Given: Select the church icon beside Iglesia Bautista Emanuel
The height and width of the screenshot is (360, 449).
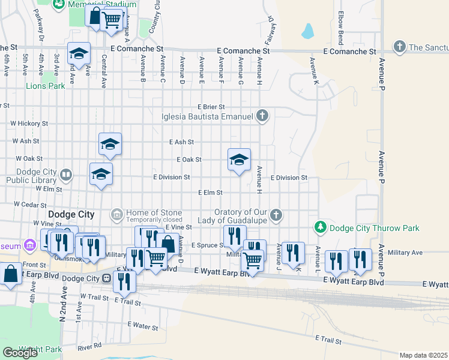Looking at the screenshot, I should tap(262, 116).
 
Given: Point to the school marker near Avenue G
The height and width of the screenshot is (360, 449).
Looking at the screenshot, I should tap(239, 160).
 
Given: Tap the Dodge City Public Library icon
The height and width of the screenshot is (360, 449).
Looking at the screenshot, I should tap(65, 176).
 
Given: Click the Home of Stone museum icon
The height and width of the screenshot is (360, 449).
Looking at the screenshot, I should tap(116, 214).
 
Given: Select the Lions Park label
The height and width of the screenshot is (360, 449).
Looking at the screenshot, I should tap(45, 86).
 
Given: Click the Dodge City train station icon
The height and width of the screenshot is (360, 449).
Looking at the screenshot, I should tap(107, 278).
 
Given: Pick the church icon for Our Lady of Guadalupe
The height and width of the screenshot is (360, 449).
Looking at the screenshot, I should tap(276, 214).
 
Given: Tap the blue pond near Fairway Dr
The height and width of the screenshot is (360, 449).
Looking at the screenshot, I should tap(308, 31).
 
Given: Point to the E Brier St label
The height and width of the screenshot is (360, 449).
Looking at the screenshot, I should tap(211, 106).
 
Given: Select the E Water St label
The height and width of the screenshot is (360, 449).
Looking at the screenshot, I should tap(142, 328).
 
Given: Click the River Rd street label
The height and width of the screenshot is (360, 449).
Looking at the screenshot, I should tap(89, 346).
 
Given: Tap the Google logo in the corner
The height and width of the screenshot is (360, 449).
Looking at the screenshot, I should tap(20, 353).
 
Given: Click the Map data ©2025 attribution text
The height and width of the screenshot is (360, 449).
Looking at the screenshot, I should tap(423, 355).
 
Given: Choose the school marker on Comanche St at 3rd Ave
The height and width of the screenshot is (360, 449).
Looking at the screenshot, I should tap(79, 54).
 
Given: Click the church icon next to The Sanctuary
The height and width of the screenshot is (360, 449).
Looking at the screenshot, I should tap(400, 46).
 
